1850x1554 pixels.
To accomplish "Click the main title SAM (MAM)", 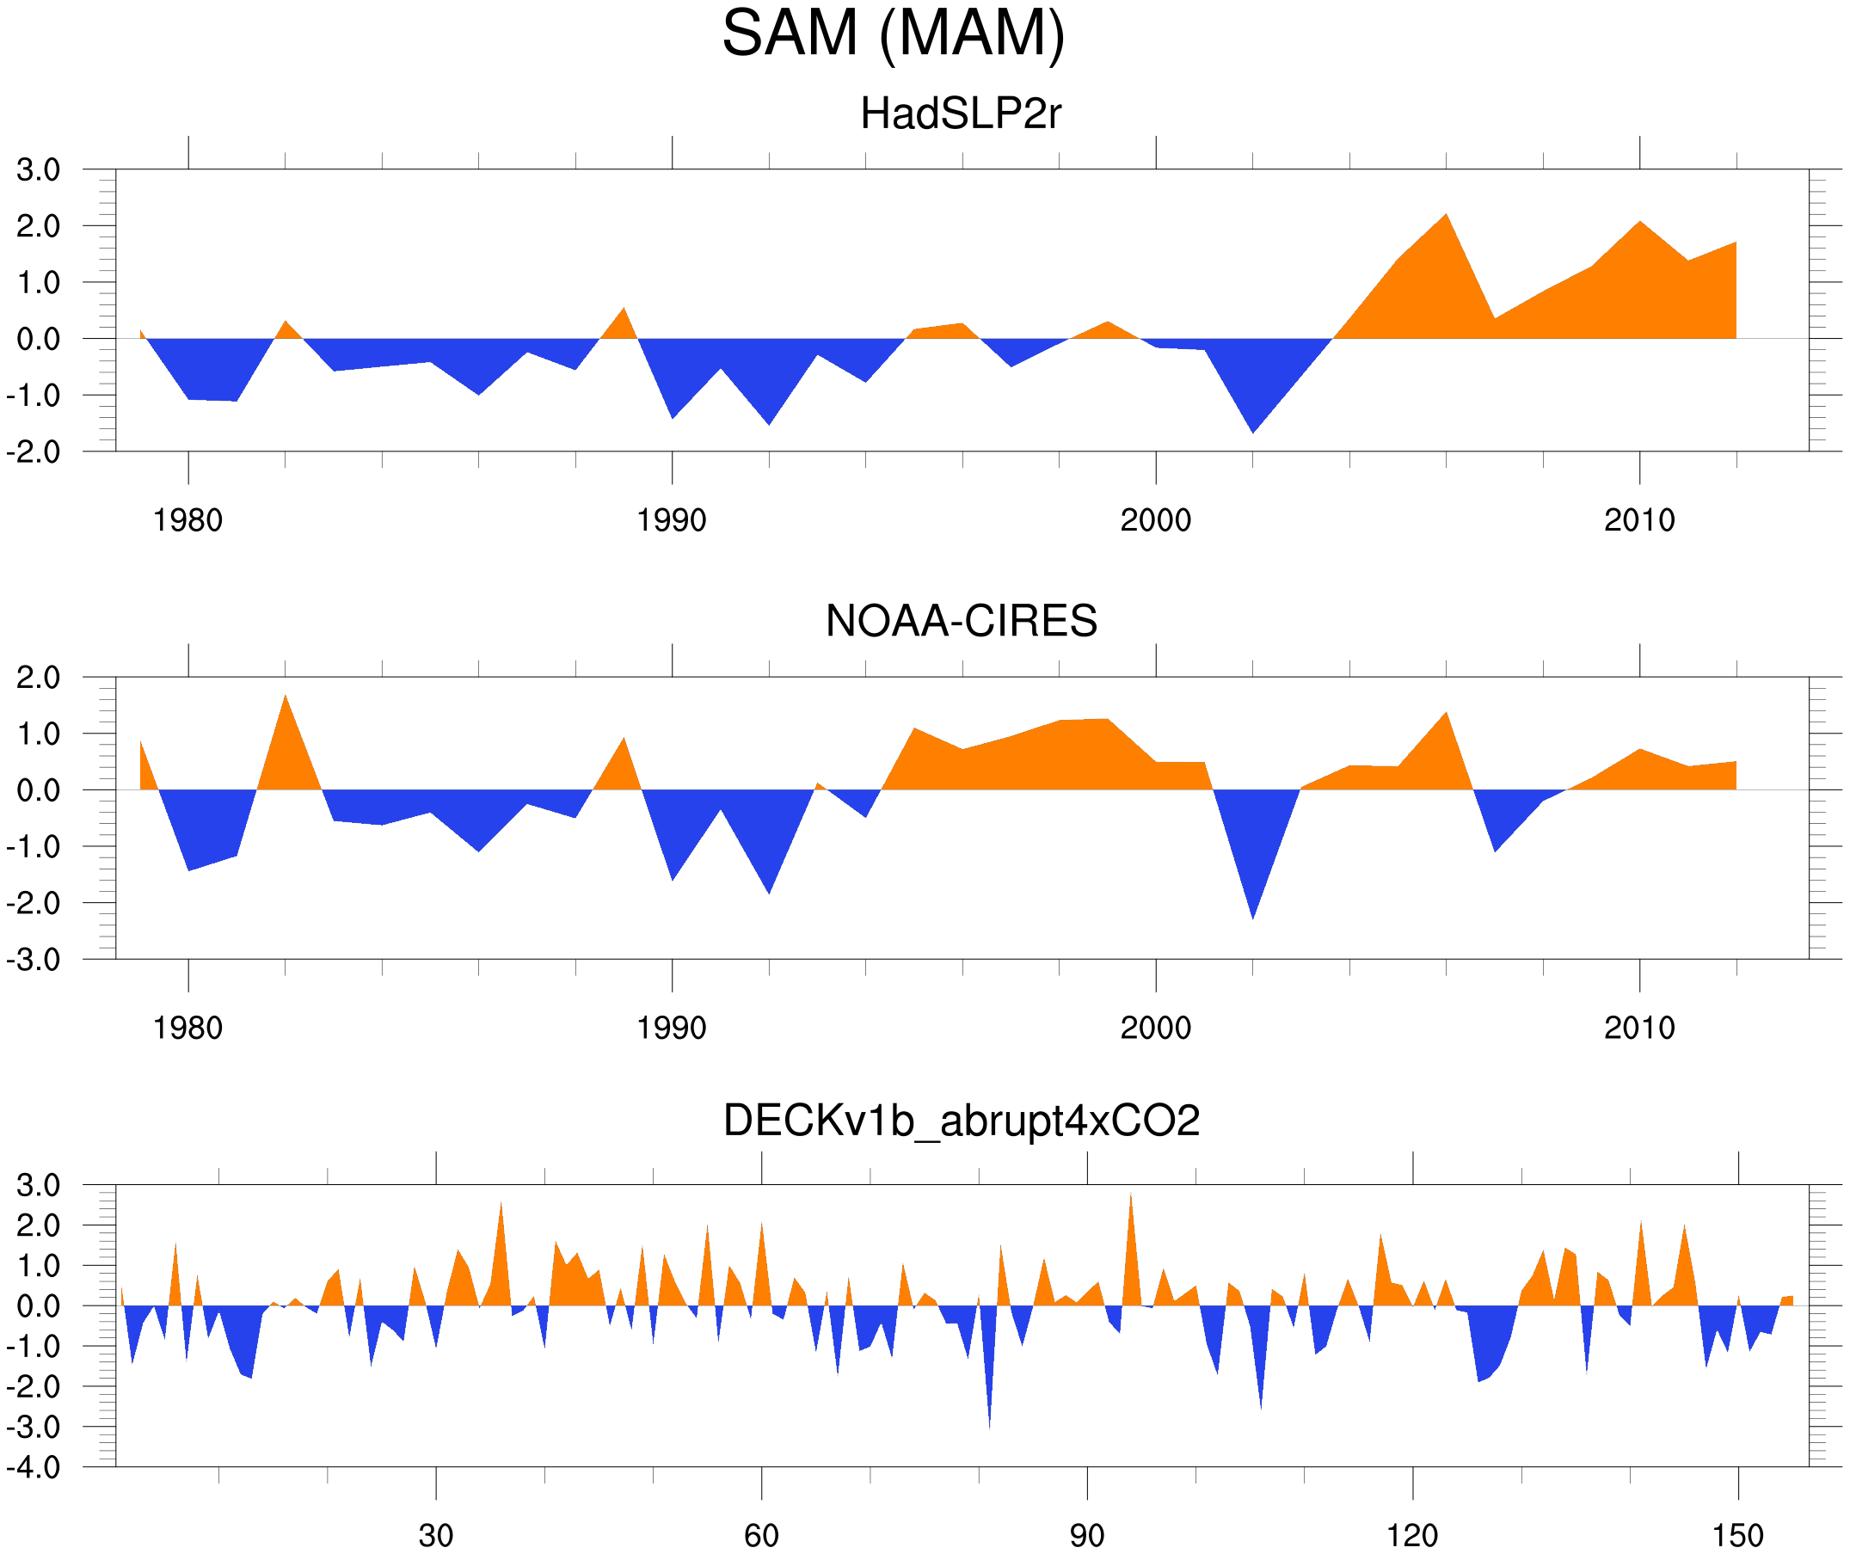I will pos(894,34).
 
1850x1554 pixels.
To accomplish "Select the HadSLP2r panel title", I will pos(960,114).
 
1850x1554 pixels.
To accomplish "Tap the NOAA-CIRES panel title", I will pos(960,621).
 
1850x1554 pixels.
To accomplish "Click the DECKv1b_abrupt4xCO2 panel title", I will pos(960,1121).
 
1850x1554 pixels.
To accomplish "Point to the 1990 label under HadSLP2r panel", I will pos(672,520).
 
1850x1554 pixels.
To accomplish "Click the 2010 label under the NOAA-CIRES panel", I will pos(1638,1028).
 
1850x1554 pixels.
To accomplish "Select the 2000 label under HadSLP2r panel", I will pos(1155,520).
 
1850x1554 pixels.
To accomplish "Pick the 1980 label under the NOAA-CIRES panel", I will pos(187,1028).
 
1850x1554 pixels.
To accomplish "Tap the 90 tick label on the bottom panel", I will pos(1086,1535).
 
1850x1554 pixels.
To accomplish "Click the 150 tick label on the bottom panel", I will pos(1737,1535).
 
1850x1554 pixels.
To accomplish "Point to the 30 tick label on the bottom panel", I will pos(435,1535).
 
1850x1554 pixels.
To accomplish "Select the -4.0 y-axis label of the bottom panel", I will pos(34,1468).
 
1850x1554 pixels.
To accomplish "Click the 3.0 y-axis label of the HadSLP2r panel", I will pos(38,170).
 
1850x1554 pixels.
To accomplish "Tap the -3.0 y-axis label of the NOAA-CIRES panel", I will pos(34,961).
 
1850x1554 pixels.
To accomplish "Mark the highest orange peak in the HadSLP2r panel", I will pos(1446,217).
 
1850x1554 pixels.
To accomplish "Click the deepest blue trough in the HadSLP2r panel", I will pos(1253,430).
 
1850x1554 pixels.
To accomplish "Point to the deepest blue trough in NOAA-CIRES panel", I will pos(1253,916).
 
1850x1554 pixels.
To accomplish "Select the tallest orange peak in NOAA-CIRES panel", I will pos(285,697).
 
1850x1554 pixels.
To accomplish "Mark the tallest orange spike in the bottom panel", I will pos(1130,1196).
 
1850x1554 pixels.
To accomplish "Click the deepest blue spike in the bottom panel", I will pos(989,1425).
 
